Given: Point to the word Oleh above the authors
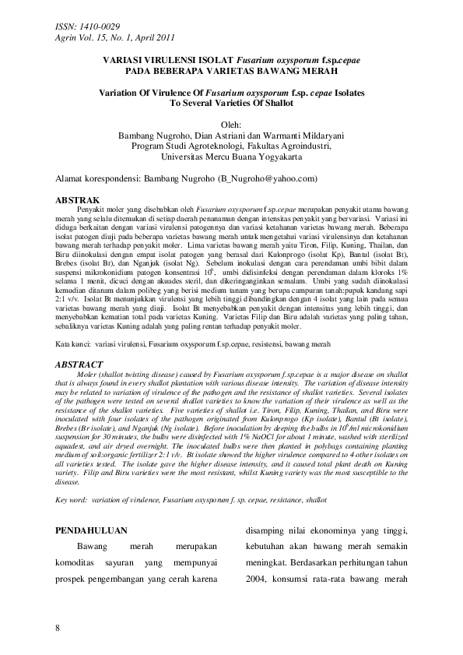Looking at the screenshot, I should pos(232,124).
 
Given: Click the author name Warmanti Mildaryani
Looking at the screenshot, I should pos(303,135).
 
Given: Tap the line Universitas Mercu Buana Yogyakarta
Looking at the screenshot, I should pos(231,157).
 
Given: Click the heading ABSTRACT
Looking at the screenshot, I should pos(81,364).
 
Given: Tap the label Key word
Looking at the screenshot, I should pos(71,500).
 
